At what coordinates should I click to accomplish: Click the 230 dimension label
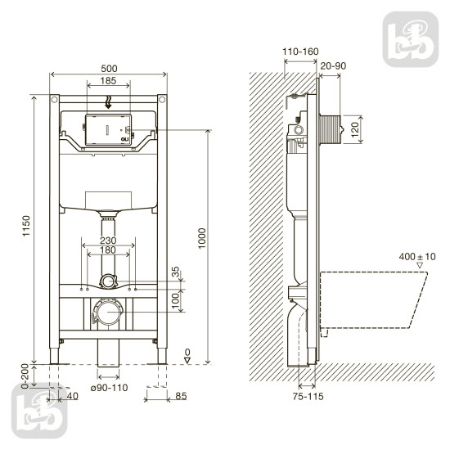(107, 241)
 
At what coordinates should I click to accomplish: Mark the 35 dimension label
(174, 271)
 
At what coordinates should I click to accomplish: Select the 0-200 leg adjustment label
(25, 376)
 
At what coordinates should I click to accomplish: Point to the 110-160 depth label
(299, 51)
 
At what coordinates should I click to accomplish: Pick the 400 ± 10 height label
(418, 257)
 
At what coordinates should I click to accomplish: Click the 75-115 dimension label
(307, 397)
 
